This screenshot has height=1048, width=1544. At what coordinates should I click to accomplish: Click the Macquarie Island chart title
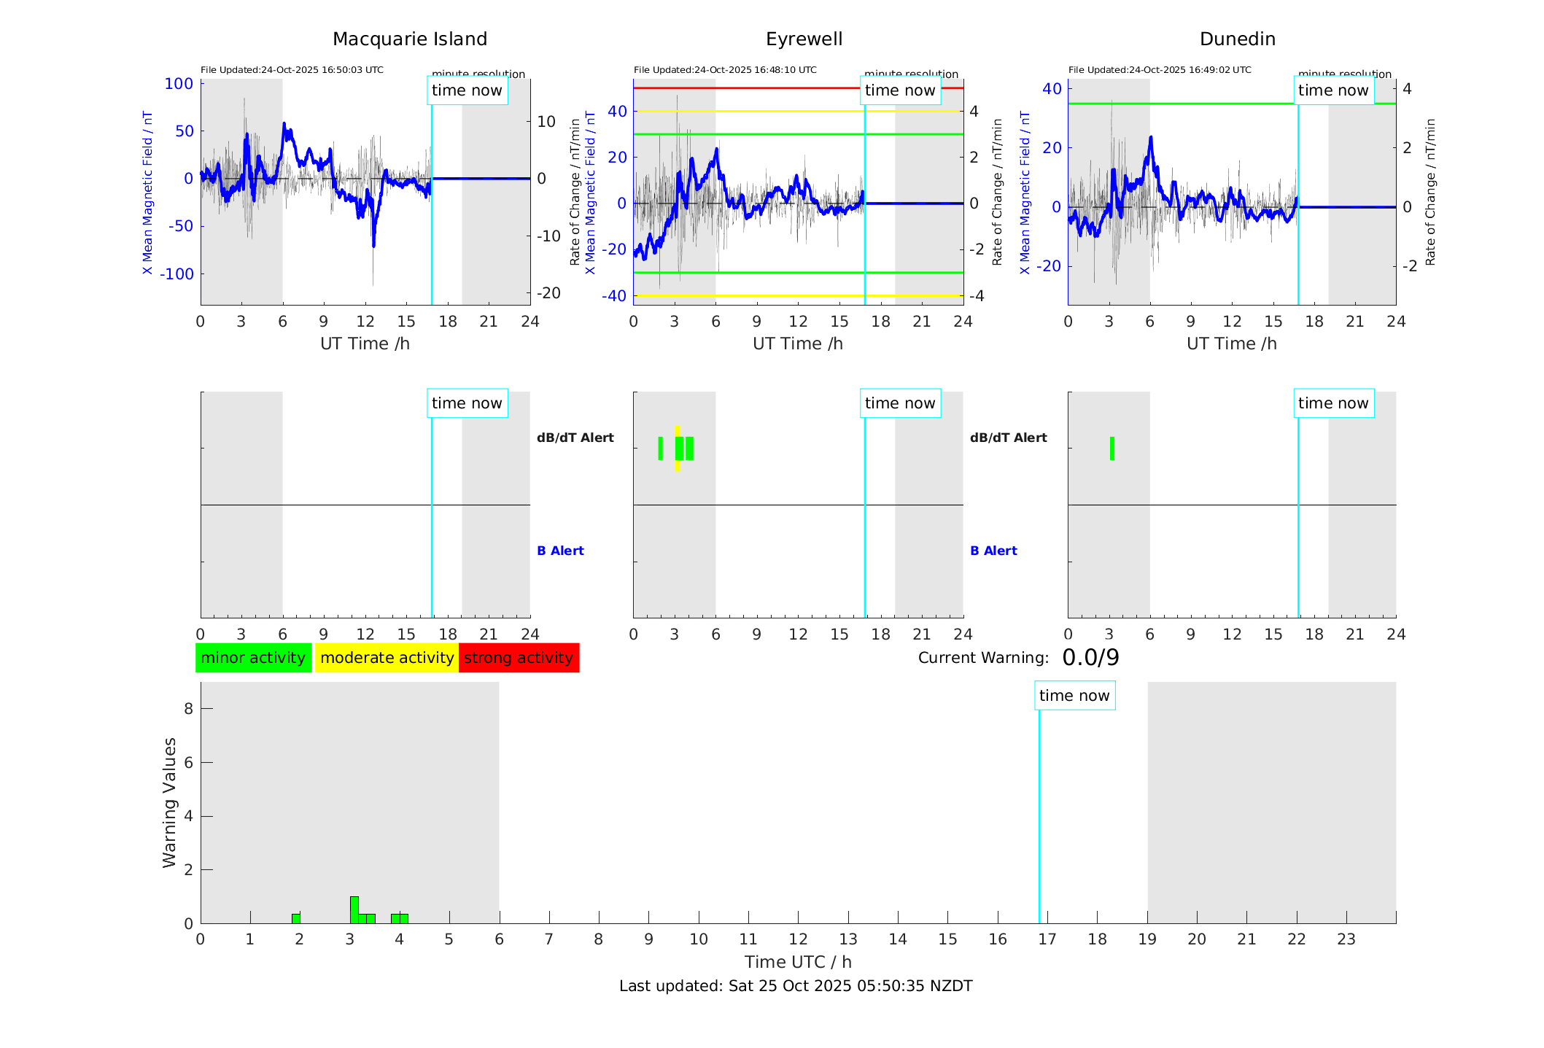[409, 39]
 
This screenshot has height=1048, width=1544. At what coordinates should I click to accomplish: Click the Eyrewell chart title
[804, 39]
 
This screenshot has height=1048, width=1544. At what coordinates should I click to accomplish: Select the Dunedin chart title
[1237, 39]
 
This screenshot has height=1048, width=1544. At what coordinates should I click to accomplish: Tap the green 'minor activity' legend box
[253, 658]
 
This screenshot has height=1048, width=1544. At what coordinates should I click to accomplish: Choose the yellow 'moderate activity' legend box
[387, 658]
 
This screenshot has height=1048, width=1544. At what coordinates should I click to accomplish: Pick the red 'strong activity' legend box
[519, 658]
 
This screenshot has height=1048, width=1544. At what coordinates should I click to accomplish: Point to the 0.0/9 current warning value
[1090, 658]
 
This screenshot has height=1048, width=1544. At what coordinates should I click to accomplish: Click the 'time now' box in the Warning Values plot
[1074, 696]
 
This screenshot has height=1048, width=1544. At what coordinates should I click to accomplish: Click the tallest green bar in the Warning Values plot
[354, 909]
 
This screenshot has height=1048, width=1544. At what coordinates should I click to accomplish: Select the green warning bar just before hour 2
[296, 918]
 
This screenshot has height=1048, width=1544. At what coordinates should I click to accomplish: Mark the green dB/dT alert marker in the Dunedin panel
[1112, 449]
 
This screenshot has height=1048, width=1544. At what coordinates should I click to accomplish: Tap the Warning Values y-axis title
[169, 802]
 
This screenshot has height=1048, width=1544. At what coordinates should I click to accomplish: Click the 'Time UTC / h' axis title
[798, 962]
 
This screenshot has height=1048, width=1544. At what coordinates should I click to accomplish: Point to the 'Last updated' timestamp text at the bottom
[796, 986]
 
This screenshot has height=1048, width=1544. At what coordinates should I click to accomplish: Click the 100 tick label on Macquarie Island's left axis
[179, 84]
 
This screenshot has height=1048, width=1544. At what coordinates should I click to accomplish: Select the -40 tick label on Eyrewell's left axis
[614, 296]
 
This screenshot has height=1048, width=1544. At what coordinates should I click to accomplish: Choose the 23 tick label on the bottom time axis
[1346, 939]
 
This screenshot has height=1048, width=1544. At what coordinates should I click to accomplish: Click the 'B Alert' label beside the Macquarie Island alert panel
[560, 551]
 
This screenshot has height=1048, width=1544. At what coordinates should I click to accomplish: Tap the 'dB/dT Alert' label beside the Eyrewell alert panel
[1008, 438]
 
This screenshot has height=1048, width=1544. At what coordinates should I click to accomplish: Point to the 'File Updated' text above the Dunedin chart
[1160, 70]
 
